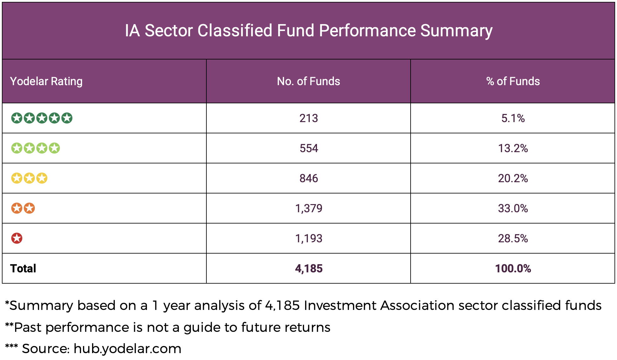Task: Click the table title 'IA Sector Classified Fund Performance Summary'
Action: (x=308, y=31)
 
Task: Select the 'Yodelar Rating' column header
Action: (x=46, y=81)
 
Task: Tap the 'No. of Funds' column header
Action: (x=308, y=81)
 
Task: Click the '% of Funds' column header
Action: (x=513, y=81)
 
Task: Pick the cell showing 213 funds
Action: (x=308, y=118)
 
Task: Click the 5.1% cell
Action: (x=513, y=118)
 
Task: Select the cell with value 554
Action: (x=308, y=148)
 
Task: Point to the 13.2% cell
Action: (x=513, y=148)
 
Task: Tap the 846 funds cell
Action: (x=308, y=178)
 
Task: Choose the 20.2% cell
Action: (x=513, y=178)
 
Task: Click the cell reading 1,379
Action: (x=308, y=208)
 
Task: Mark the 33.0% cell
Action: (x=513, y=208)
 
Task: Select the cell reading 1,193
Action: (x=308, y=239)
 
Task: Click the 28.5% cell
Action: (x=513, y=239)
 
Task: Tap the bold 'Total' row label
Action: (x=23, y=269)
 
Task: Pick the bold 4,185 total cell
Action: (x=308, y=269)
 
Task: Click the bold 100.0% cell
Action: (x=513, y=269)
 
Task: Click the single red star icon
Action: (x=17, y=238)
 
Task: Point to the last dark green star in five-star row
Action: (x=67, y=118)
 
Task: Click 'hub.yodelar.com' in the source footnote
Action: (x=127, y=349)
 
